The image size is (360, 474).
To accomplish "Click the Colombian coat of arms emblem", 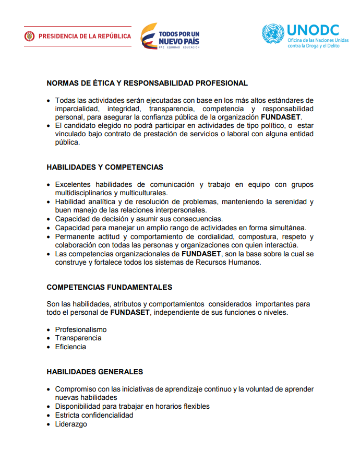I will (29, 37).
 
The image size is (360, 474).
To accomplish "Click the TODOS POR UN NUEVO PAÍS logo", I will (170, 36).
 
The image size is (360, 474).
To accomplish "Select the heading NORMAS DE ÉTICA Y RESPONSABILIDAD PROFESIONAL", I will (147, 83).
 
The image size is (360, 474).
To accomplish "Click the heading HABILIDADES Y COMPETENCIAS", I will (105, 168).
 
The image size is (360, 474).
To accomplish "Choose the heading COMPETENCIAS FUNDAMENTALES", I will (109, 287).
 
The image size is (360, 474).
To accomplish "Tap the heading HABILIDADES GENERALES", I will (94, 372).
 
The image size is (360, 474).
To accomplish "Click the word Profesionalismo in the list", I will (81, 329).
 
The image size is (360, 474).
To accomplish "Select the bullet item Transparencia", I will (78, 338).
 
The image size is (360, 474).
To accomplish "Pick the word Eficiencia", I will (70, 347).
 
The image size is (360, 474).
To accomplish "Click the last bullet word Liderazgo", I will (71, 424).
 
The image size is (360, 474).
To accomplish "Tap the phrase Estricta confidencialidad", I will (94, 415).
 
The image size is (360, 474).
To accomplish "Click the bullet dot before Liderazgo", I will (49, 424).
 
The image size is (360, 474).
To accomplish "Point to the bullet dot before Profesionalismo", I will (49, 330).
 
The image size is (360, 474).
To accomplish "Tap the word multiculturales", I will (141, 193).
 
